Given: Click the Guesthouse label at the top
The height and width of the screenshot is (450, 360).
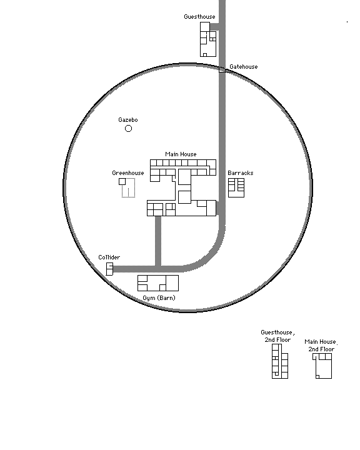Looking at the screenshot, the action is point(199,17).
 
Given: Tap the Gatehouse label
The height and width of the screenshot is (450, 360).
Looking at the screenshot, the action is point(244,67).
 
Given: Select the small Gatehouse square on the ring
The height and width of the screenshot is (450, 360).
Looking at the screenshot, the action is point(222,69).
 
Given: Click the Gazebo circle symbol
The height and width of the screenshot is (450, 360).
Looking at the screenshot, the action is point(128,129).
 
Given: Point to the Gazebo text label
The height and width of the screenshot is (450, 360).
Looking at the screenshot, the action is point(128,119).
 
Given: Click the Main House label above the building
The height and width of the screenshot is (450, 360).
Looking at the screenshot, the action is point(181,154).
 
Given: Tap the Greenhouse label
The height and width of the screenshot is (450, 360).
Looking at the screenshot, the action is point(128,172).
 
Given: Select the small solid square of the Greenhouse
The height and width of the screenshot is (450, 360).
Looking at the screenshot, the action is point(122,181).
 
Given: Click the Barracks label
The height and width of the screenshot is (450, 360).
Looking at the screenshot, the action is point(241,172).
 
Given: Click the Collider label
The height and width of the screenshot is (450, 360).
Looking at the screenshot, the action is point(109,257).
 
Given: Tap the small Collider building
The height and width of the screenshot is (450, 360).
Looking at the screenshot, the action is point(109,269).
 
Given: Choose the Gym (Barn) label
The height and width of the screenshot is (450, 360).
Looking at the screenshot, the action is point(159,298).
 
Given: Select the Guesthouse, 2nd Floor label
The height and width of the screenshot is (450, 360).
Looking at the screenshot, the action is point(277,336).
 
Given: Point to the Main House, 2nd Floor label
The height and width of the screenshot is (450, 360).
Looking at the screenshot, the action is point(321,345).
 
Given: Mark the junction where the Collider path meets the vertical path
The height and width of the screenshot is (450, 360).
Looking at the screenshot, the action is point(158,269).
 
